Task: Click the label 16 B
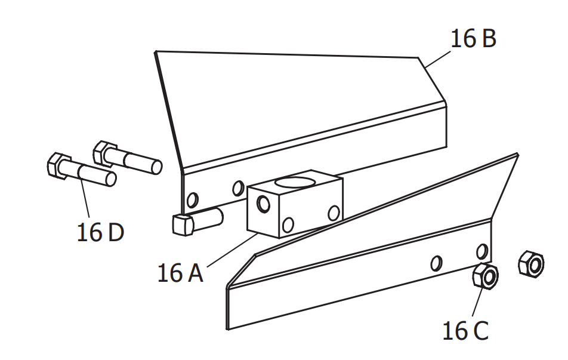click(473, 39)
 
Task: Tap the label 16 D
click(100, 232)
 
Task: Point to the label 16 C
click(465, 330)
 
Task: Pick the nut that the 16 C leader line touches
click(486, 276)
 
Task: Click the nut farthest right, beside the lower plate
click(530, 264)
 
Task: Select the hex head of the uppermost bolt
click(106, 152)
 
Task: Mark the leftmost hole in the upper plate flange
click(192, 199)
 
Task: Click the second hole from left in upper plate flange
click(238, 189)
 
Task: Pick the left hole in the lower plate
click(437, 262)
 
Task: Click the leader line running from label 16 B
click(436, 57)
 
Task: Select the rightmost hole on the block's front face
click(334, 212)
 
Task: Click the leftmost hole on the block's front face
click(261, 205)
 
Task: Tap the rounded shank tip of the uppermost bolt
click(156, 166)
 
